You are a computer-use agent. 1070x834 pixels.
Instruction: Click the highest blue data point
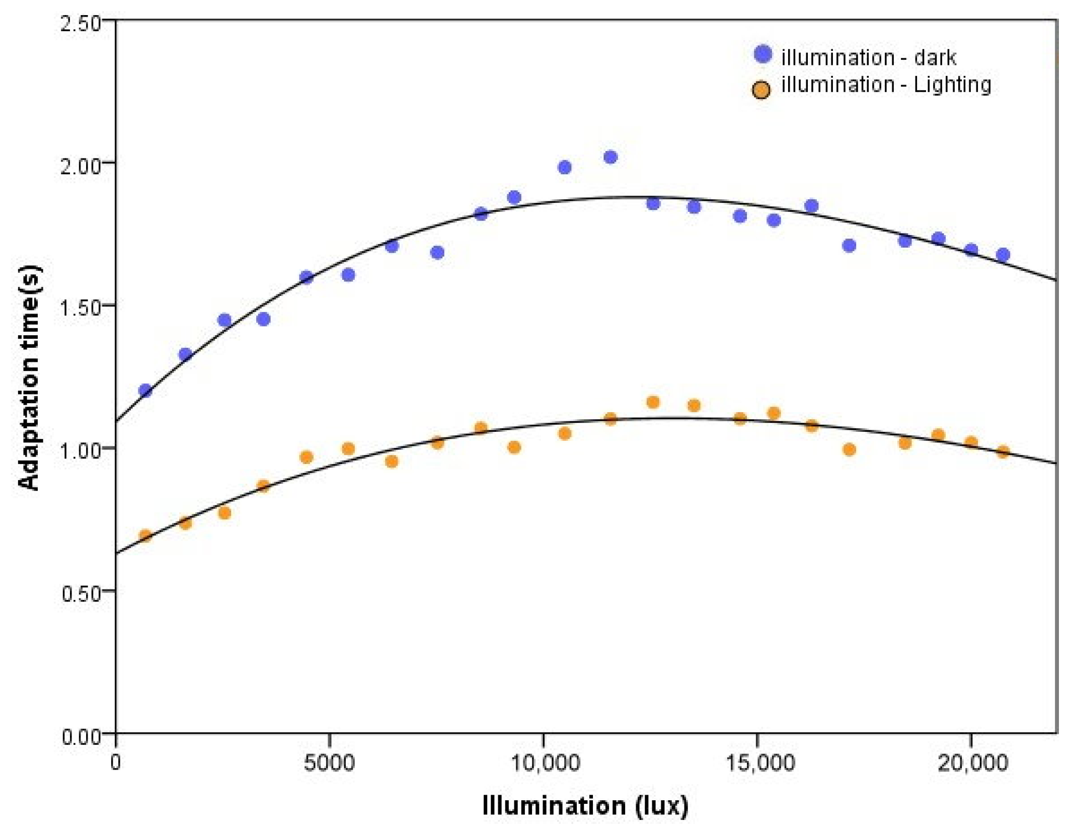point(610,157)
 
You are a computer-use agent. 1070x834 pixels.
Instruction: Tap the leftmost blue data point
point(145,390)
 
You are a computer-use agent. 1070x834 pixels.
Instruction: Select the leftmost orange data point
point(145,536)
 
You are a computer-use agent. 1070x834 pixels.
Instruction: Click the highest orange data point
point(653,402)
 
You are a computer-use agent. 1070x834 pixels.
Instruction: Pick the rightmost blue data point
point(1003,254)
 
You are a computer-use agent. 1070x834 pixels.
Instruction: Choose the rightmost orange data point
point(1003,451)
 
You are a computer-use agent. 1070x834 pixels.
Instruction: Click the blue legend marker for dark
point(763,54)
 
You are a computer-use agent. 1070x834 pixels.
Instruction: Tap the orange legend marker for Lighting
point(761,90)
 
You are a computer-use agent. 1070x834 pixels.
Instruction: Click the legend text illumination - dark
point(868,57)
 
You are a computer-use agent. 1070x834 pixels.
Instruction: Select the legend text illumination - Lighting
point(886,84)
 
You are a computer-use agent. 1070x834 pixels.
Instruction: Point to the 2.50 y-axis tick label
point(81,24)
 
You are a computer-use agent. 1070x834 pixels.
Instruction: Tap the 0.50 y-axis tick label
point(81,593)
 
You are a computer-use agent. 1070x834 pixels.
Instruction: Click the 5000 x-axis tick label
point(329,763)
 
